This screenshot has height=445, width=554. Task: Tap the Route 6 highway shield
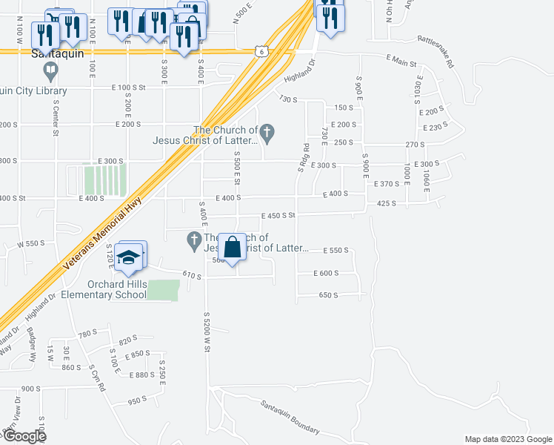point(260,50)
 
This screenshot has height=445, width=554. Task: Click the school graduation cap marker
point(129,257)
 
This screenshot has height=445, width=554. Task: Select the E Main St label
point(402,62)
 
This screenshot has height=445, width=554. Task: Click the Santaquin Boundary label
point(290,418)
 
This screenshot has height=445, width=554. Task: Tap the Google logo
point(24,436)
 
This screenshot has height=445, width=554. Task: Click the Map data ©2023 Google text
point(507,439)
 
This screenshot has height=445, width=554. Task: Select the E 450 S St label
point(278,216)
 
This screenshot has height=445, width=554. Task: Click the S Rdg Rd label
point(303,159)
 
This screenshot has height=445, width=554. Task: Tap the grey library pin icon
point(50,72)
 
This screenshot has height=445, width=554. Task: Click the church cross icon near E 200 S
point(268,134)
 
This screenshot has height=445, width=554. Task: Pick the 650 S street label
point(328,295)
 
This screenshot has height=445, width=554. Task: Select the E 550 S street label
point(333,251)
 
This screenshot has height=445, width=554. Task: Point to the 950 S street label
point(138,401)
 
